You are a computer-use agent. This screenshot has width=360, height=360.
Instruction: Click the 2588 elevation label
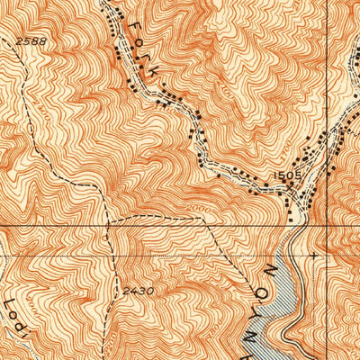pos(30,41)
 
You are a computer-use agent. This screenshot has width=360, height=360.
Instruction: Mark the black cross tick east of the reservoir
pos(312,255)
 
